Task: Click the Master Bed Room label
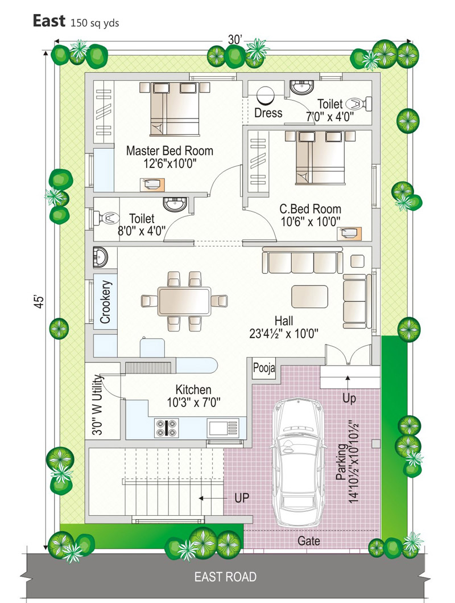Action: (x=169, y=150)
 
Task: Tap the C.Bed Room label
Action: (x=310, y=209)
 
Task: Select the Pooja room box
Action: (x=264, y=368)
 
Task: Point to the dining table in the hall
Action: (x=184, y=301)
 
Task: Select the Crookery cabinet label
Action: (x=105, y=302)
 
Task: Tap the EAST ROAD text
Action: (x=225, y=577)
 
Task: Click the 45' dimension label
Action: (x=39, y=302)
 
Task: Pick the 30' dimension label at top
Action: (x=235, y=40)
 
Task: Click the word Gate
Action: (x=309, y=541)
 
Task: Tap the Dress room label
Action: (x=268, y=113)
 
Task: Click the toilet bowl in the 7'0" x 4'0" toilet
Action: (x=359, y=104)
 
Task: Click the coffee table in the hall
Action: (x=310, y=296)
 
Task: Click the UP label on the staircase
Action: (x=242, y=498)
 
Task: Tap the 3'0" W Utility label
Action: (x=97, y=405)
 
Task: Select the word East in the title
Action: (x=49, y=20)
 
